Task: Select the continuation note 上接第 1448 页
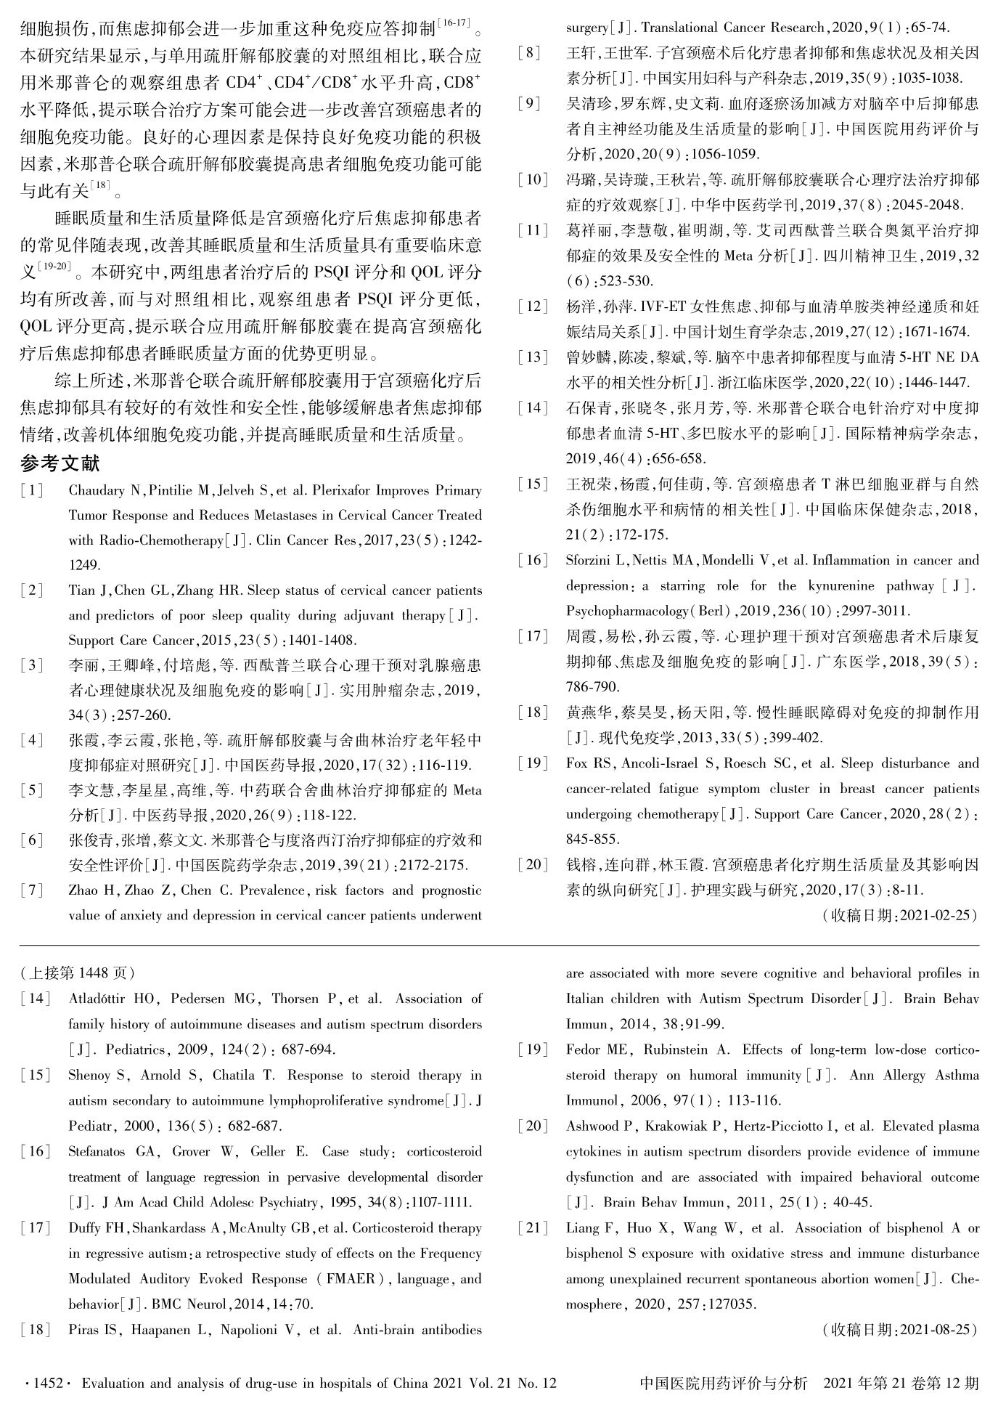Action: click(78, 973)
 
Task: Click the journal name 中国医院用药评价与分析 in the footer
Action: click(724, 1384)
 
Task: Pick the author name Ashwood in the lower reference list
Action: click(592, 1126)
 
